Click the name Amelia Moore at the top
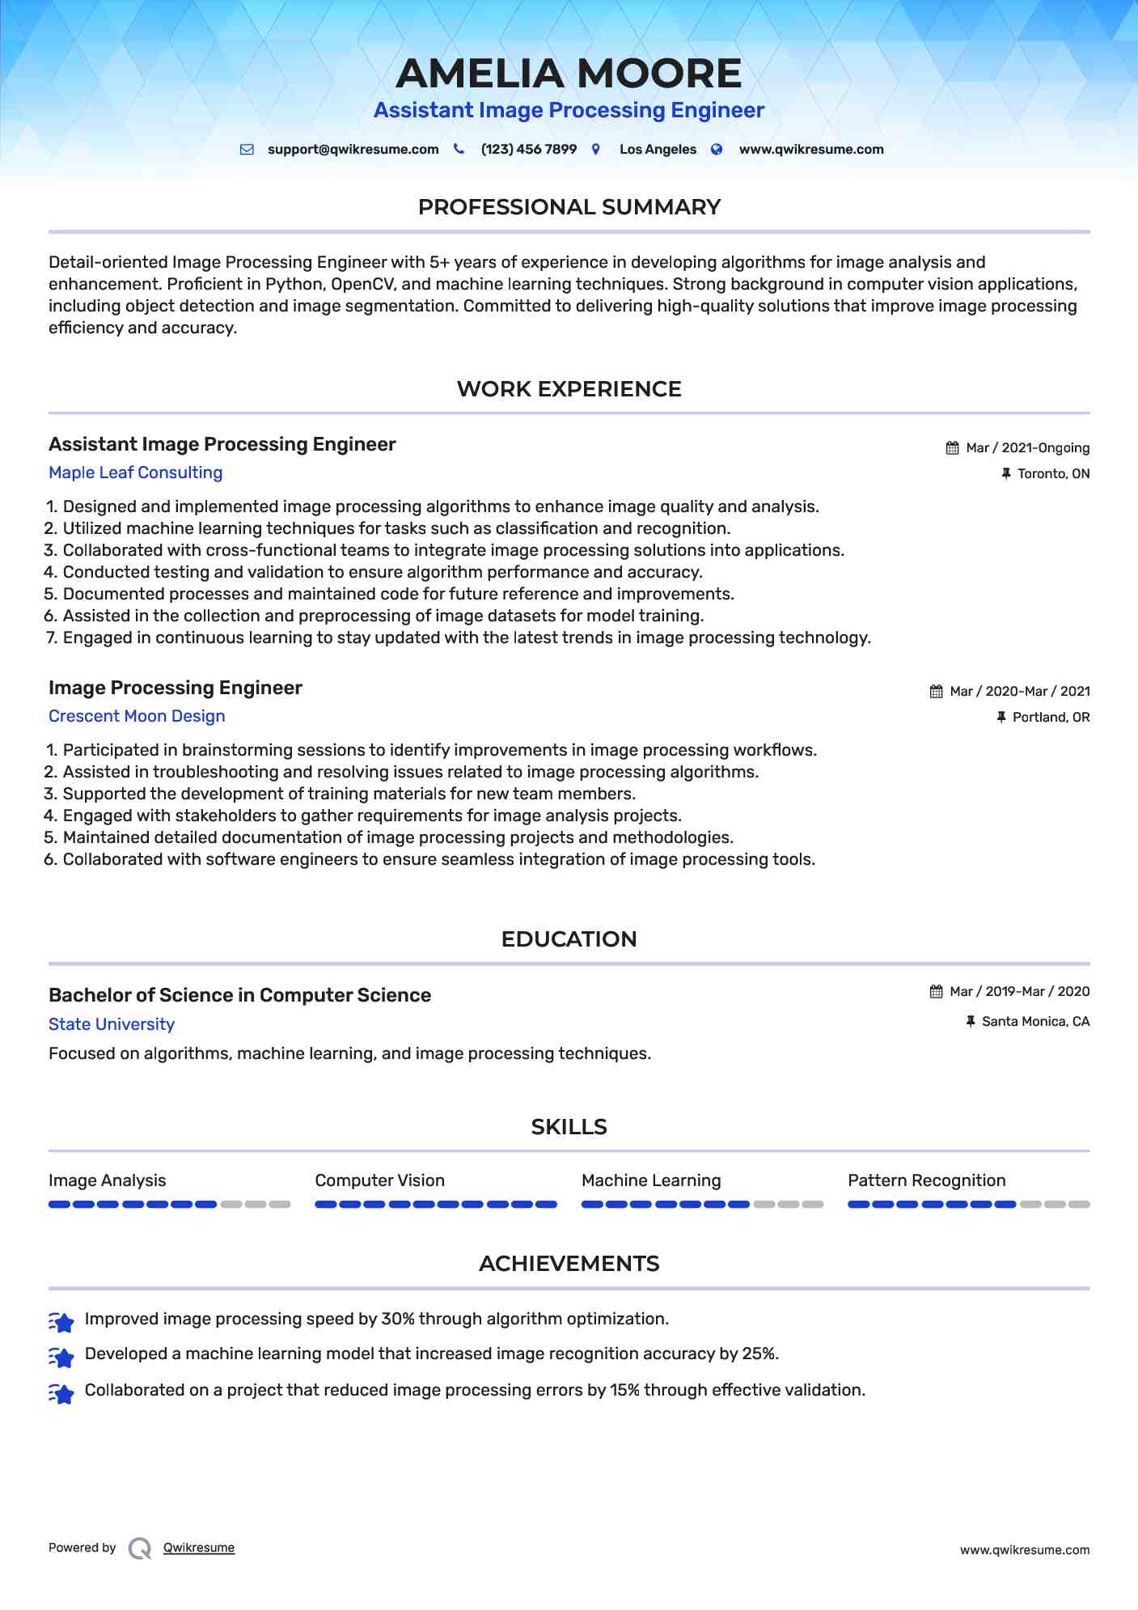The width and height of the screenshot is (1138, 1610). [x=569, y=74]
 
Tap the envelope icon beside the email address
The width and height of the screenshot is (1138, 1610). [x=247, y=150]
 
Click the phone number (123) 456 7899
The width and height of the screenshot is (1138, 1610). [x=528, y=150]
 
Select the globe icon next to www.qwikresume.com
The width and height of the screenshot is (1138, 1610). [x=717, y=150]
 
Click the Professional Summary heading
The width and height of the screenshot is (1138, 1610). [x=569, y=207]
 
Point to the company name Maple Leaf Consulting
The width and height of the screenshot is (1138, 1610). [x=135, y=472]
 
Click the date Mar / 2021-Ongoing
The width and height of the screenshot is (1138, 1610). [x=1027, y=448]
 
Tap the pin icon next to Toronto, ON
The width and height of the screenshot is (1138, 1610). [x=1006, y=474]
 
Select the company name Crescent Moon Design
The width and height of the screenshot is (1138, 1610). [x=137, y=716]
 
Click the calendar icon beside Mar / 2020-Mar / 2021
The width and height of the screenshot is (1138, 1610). [x=937, y=692]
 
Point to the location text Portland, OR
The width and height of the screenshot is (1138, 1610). [x=1051, y=718]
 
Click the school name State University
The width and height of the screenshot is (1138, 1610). [x=112, y=1024]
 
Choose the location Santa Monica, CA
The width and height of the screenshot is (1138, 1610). [x=1035, y=1022]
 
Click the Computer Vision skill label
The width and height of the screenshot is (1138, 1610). [x=379, y=1180]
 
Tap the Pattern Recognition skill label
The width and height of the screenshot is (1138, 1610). [x=926, y=1180]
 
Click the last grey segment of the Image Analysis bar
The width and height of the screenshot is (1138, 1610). [x=280, y=1205]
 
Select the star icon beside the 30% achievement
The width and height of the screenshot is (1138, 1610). [x=61, y=1321]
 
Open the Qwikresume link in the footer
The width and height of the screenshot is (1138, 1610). [x=199, y=1548]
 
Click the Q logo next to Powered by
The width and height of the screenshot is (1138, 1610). [x=140, y=1548]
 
